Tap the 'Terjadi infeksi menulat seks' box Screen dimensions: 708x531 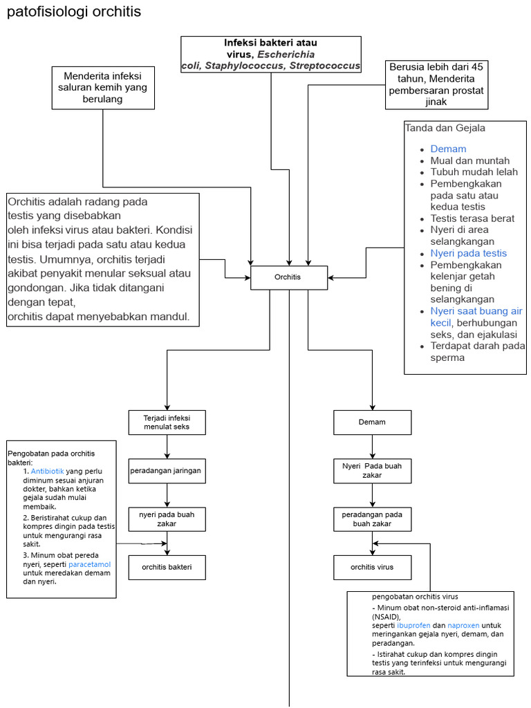(x=167, y=422)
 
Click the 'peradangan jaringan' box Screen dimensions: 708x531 (x=167, y=471)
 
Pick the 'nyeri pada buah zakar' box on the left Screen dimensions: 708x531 (x=167, y=519)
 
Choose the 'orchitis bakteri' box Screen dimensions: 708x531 (x=167, y=568)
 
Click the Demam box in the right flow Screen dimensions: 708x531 (x=372, y=422)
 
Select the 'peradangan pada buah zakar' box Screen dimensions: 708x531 (x=372, y=519)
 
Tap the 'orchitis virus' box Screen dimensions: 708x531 (x=372, y=567)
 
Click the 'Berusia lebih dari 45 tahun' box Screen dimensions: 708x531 (x=436, y=84)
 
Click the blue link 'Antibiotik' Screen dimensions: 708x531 (x=47, y=471)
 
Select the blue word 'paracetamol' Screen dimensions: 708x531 (x=89, y=564)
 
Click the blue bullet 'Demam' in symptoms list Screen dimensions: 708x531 (x=448, y=149)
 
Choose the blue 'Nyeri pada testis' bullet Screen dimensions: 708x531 (x=468, y=253)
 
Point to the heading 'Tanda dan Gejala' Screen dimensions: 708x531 (x=445, y=128)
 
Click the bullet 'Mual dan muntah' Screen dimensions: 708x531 (x=469, y=160)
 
